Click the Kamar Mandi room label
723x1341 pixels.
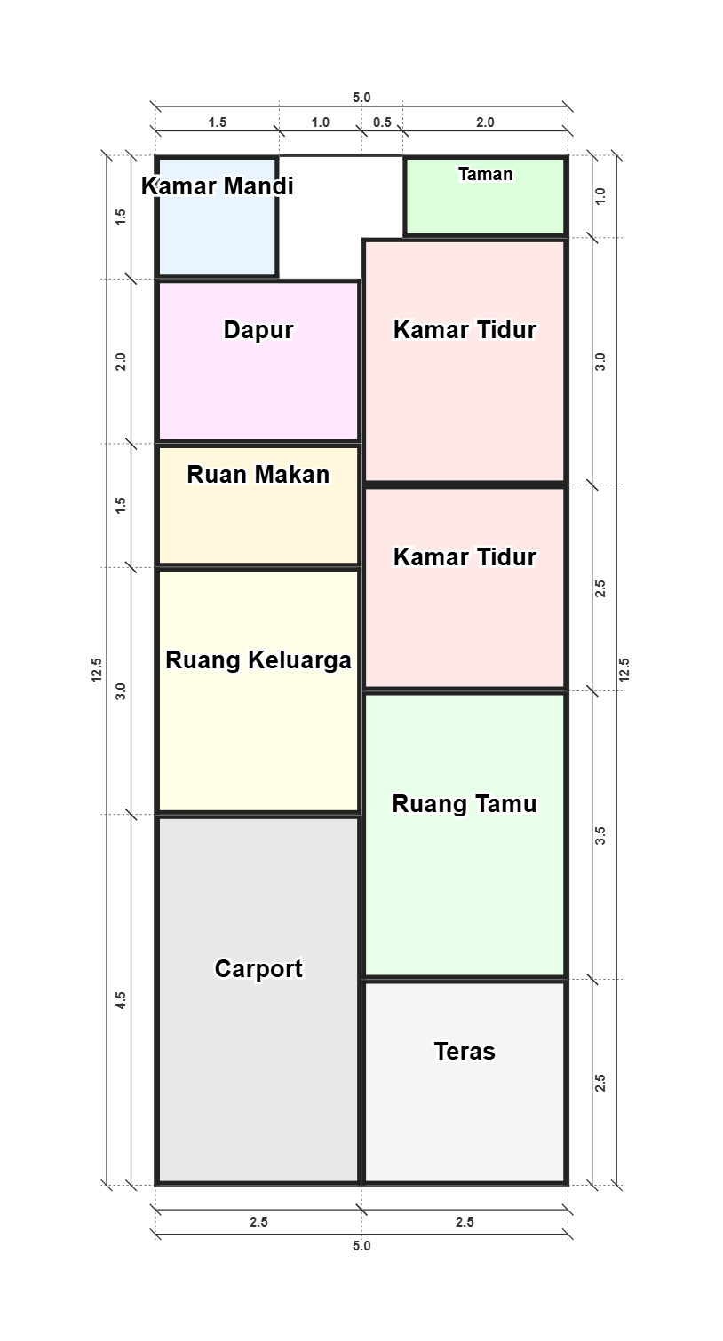click(218, 185)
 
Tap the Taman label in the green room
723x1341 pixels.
click(485, 174)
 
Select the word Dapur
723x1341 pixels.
click(258, 330)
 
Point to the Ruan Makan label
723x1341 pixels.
click(258, 474)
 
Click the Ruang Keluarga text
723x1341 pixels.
click(258, 660)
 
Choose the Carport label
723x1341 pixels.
click(258, 968)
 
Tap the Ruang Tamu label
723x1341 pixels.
click(465, 804)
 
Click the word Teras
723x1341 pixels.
click(465, 1052)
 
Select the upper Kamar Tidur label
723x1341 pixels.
click(465, 330)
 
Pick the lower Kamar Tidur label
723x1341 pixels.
click(465, 556)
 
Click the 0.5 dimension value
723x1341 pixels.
click(382, 122)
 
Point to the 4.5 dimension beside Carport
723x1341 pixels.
click(121, 1000)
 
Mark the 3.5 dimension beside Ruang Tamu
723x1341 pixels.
click(600, 836)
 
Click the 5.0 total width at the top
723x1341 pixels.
click(361, 98)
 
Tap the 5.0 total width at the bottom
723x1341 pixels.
click(361, 1246)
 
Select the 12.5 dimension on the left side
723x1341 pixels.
click(97, 671)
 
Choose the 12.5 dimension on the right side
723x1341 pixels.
click(624, 671)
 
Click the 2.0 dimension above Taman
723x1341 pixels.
click(485, 122)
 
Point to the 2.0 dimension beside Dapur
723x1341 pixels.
click(121, 361)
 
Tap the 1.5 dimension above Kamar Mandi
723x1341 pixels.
click(218, 122)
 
